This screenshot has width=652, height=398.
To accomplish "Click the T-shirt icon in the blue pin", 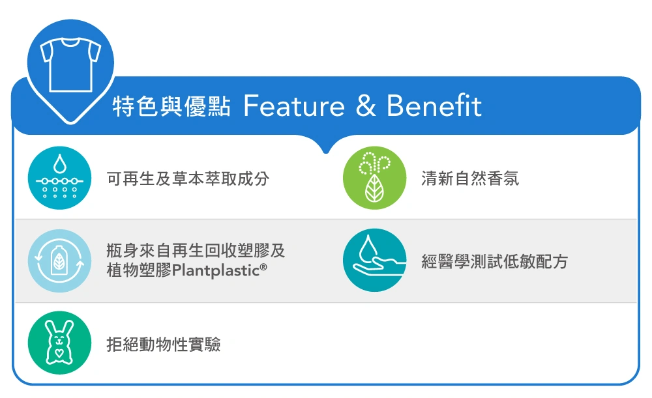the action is [70, 64].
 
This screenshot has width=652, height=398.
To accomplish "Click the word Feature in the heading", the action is [294, 106].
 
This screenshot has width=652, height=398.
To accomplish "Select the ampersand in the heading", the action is [366, 106].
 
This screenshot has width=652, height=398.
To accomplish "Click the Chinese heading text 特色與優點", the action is [171, 106].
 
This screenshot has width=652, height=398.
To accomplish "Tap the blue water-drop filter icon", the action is [60, 178].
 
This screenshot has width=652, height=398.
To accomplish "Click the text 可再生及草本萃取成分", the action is [188, 178].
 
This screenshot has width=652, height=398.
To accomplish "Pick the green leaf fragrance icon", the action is [374, 178].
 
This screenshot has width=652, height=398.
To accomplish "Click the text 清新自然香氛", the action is [470, 178].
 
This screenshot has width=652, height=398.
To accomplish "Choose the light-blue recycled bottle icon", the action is [60, 261].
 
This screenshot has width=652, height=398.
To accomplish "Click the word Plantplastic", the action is [216, 271].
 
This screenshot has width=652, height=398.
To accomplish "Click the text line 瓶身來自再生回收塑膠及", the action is [196, 251].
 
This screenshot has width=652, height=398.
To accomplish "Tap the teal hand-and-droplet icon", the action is [374, 260].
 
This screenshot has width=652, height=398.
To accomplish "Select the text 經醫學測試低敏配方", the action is [494, 262].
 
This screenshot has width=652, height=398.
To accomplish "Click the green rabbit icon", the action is [60, 343].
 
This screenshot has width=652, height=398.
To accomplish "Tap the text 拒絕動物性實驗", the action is [164, 345].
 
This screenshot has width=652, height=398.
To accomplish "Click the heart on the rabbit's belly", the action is [59, 353].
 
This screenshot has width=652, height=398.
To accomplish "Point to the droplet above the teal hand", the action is [368, 246].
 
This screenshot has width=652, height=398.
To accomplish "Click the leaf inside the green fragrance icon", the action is [374, 189].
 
